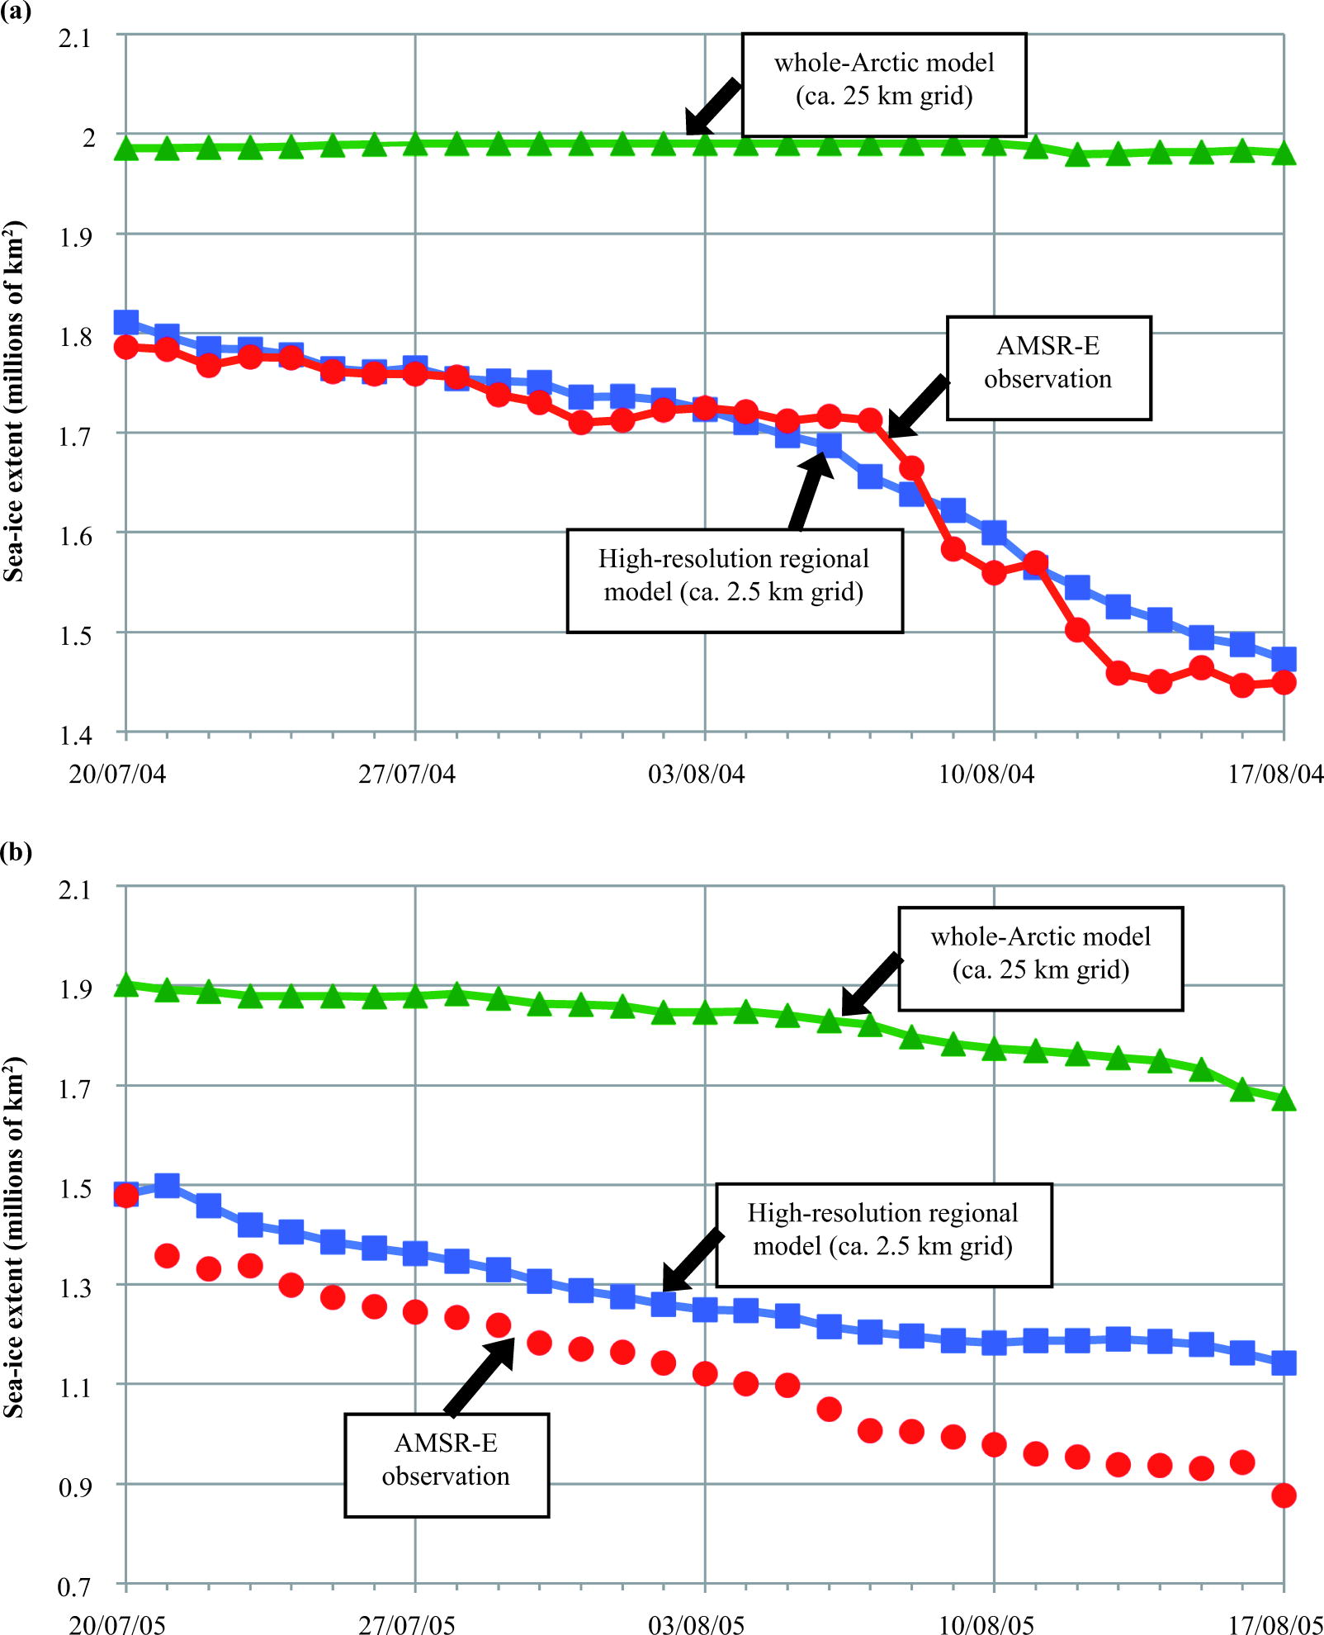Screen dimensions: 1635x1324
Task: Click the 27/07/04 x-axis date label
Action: (x=406, y=774)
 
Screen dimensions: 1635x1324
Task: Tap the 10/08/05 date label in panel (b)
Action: (x=986, y=1624)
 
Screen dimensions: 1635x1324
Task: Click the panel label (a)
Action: (x=16, y=12)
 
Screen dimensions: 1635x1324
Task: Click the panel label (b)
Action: (x=16, y=851)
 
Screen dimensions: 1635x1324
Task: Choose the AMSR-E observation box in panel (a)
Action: (x=1047, y=367)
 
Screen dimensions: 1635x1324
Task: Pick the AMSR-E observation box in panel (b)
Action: (x=446, y=1465)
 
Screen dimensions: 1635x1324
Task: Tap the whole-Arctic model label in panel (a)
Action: (x=883, y=84)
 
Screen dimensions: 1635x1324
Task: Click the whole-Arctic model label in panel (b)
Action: (x=1040, y=958)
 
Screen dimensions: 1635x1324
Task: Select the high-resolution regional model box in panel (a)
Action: (x=734, y=581)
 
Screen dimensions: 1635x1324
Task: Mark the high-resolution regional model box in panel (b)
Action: (x=882, y=1235)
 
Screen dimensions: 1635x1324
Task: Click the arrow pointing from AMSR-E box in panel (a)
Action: (x=918, y=406)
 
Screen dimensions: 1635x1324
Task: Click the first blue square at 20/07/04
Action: (x=126, y=321)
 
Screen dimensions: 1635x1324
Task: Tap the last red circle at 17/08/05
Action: (x=1283, y=1495)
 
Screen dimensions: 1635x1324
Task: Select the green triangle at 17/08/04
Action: (x=1283, y=154)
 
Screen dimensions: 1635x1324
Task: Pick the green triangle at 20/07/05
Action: (x=126, y=985)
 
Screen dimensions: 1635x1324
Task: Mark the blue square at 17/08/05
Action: (x=1283, y=1362)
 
